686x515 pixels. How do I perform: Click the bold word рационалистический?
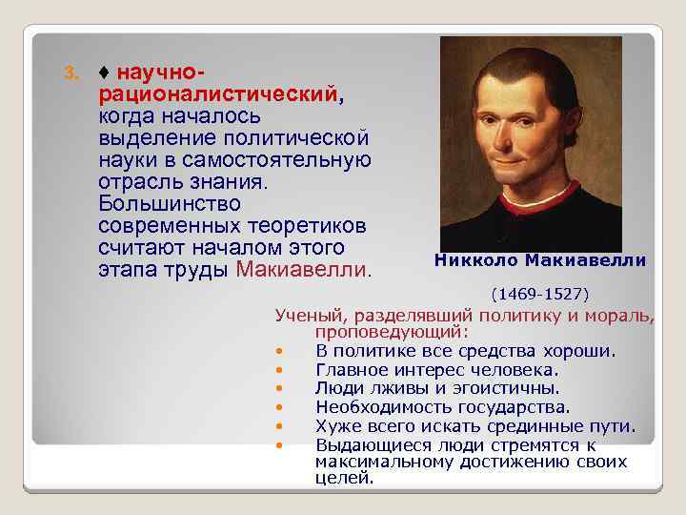coord(216,95)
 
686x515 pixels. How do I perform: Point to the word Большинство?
coord(169,204)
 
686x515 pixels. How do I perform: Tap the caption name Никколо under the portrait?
coord(475,260)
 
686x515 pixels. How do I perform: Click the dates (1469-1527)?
coord(539,292)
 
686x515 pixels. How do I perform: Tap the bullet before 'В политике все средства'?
coord(278,351)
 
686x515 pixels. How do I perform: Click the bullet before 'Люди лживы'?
coord(278,388)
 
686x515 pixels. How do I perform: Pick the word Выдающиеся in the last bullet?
coord(366,444)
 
